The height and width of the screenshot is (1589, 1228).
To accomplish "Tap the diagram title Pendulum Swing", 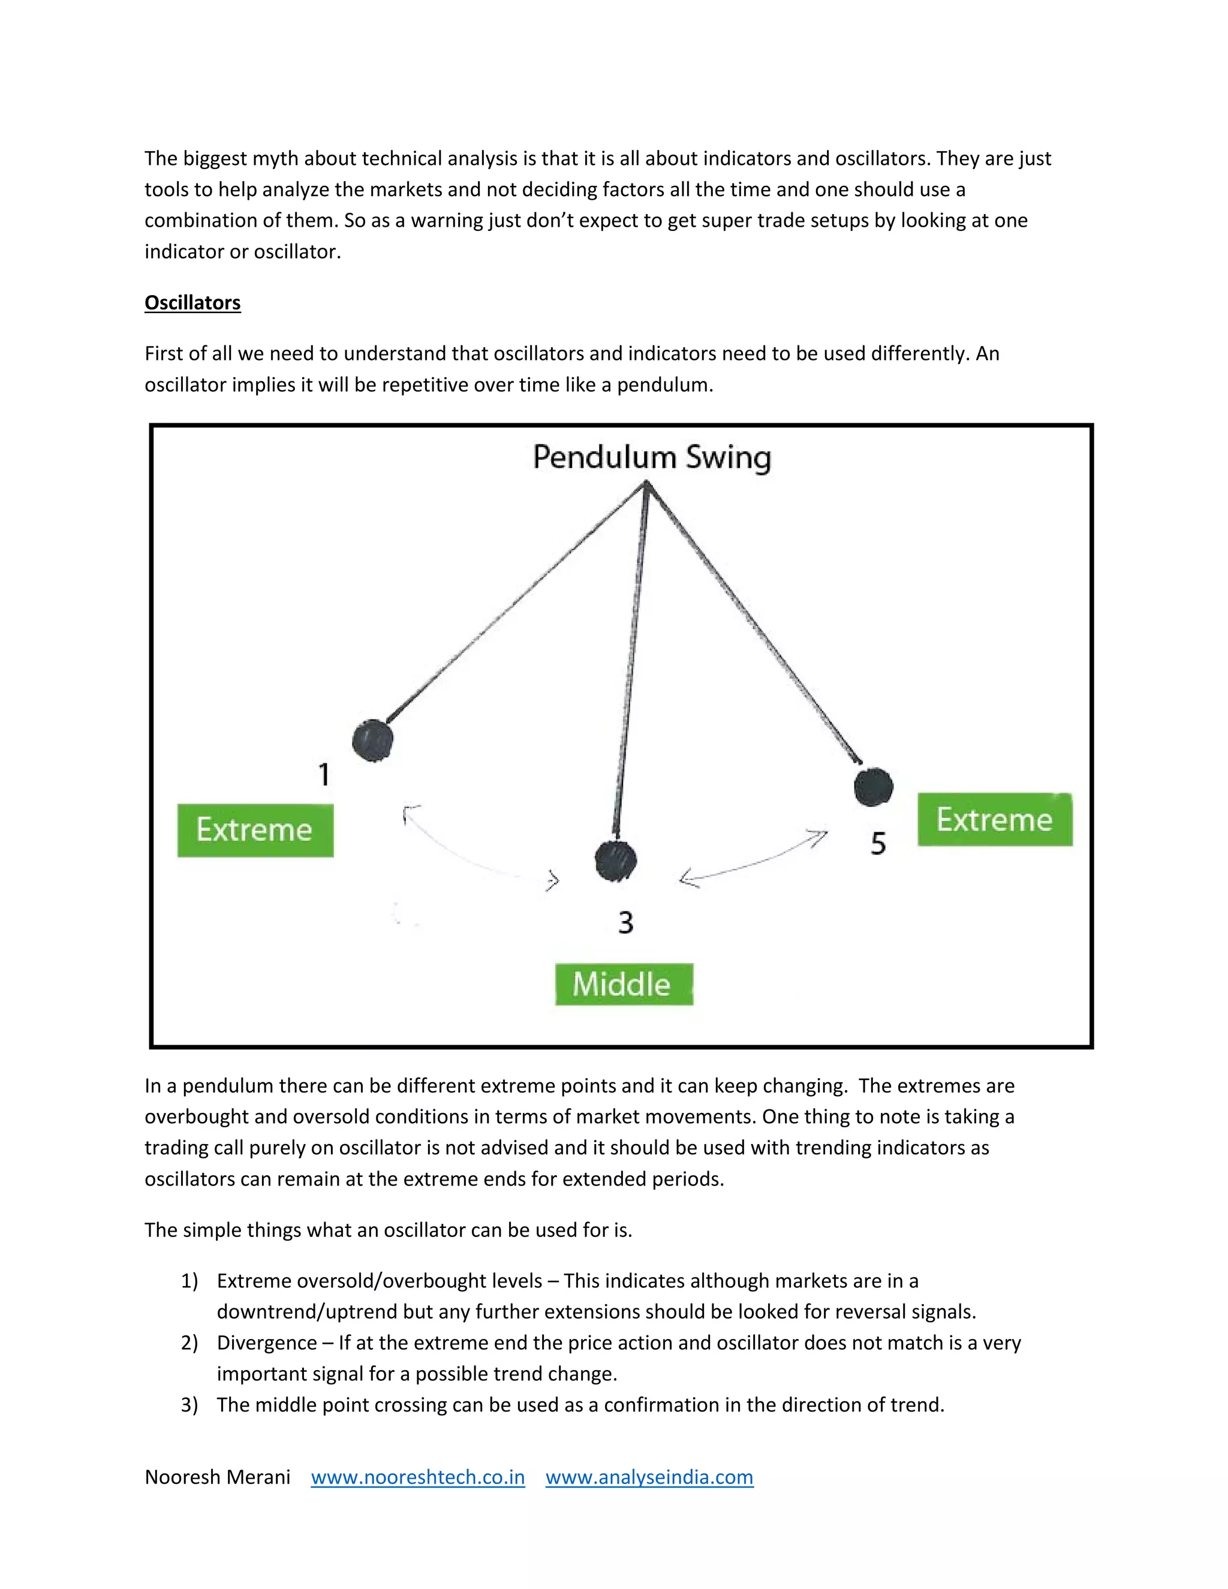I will [652, 458].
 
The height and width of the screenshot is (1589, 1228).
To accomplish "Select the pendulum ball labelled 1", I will [372, 741].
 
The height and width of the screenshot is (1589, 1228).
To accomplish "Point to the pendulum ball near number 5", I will [873, 787].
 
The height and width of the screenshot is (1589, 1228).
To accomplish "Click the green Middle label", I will [624, 985].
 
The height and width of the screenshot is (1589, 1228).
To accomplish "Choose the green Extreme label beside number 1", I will [255, 830].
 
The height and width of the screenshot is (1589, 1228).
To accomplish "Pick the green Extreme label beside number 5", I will [995, 820].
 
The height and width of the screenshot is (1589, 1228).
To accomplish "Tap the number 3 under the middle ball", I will [625, 923].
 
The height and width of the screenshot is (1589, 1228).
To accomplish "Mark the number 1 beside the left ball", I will [324, 774].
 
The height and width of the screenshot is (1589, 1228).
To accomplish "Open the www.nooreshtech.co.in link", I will [417, 1477].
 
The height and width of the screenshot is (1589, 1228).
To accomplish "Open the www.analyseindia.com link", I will [649, 1477].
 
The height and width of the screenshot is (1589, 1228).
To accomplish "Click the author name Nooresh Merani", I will [218, 1477].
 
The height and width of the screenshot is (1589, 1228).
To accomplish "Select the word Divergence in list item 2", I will [266, 1343].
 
